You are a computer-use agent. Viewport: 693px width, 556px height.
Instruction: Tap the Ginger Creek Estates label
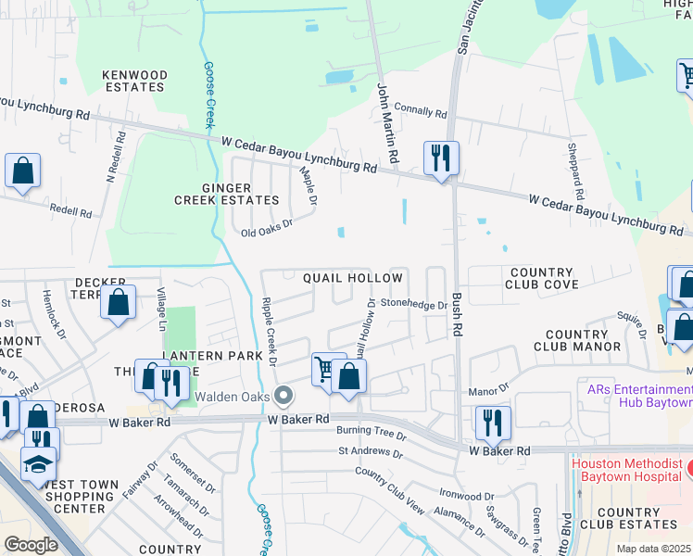point(227,194)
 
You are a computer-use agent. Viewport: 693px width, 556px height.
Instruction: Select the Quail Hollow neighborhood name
point(353,278)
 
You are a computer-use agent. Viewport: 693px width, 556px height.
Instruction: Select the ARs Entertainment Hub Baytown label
point(639,396)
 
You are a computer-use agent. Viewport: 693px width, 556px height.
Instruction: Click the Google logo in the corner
point(31,545)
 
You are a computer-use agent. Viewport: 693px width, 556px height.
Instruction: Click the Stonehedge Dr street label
point(414,303)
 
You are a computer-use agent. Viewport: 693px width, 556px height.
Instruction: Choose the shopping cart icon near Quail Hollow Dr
point(323,369)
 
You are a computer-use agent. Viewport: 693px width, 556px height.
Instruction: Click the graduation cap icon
point(39,463)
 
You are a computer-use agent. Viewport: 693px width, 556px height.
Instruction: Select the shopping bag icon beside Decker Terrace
point(119,302)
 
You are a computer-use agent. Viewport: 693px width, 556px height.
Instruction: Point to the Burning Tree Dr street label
point(372,434)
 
